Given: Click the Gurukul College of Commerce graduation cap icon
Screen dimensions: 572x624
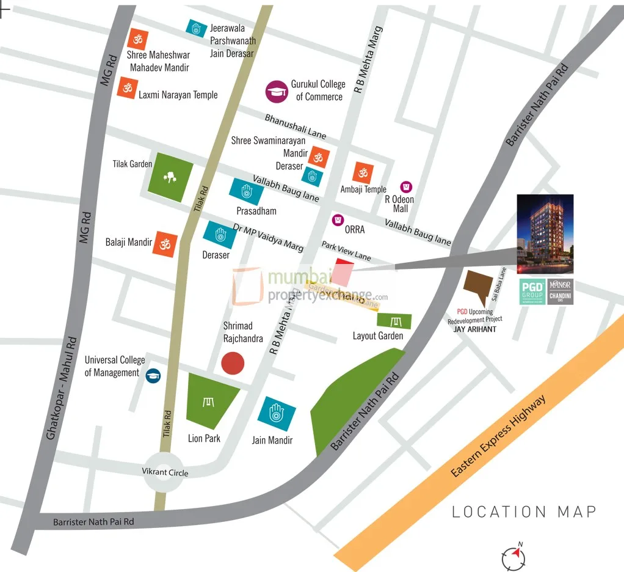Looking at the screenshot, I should pyautogui.click(x=277, y=92).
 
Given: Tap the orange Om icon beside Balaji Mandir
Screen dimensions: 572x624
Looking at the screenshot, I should pyautogui.click(x=165, y=244).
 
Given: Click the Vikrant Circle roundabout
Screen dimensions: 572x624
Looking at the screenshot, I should pyautogui.click(x=164, y=472).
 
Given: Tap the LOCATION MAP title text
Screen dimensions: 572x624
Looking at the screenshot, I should pyautogui.click(x=523, y=512).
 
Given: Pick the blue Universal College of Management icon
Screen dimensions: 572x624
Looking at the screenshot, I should pyautogui.click(x=153, y=375).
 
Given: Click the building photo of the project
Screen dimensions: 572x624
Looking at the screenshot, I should pyautogui.click(x=545, y=234).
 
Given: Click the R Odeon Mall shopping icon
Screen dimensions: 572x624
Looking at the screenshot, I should pyautogui.click(x=405, y=186).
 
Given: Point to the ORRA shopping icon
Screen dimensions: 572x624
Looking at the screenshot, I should pyautogui.click(x=336, y=219).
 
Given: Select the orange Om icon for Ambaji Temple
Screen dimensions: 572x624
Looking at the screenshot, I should pyautogui.click(x=364, y=172).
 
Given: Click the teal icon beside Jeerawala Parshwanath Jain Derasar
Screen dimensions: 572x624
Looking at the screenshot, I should pyautogui.click(x=195, y=28).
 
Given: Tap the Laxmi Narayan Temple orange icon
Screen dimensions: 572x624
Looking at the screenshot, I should pyautogui.click(x=127, y=88).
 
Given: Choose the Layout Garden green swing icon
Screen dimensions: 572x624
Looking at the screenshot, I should pyautogui.click(x=394, y=321).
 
